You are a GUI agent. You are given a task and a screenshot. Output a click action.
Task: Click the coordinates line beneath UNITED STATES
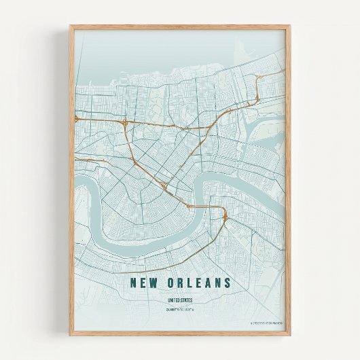(180, 310)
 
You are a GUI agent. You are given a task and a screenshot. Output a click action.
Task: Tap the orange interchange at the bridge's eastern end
(224, 216)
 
